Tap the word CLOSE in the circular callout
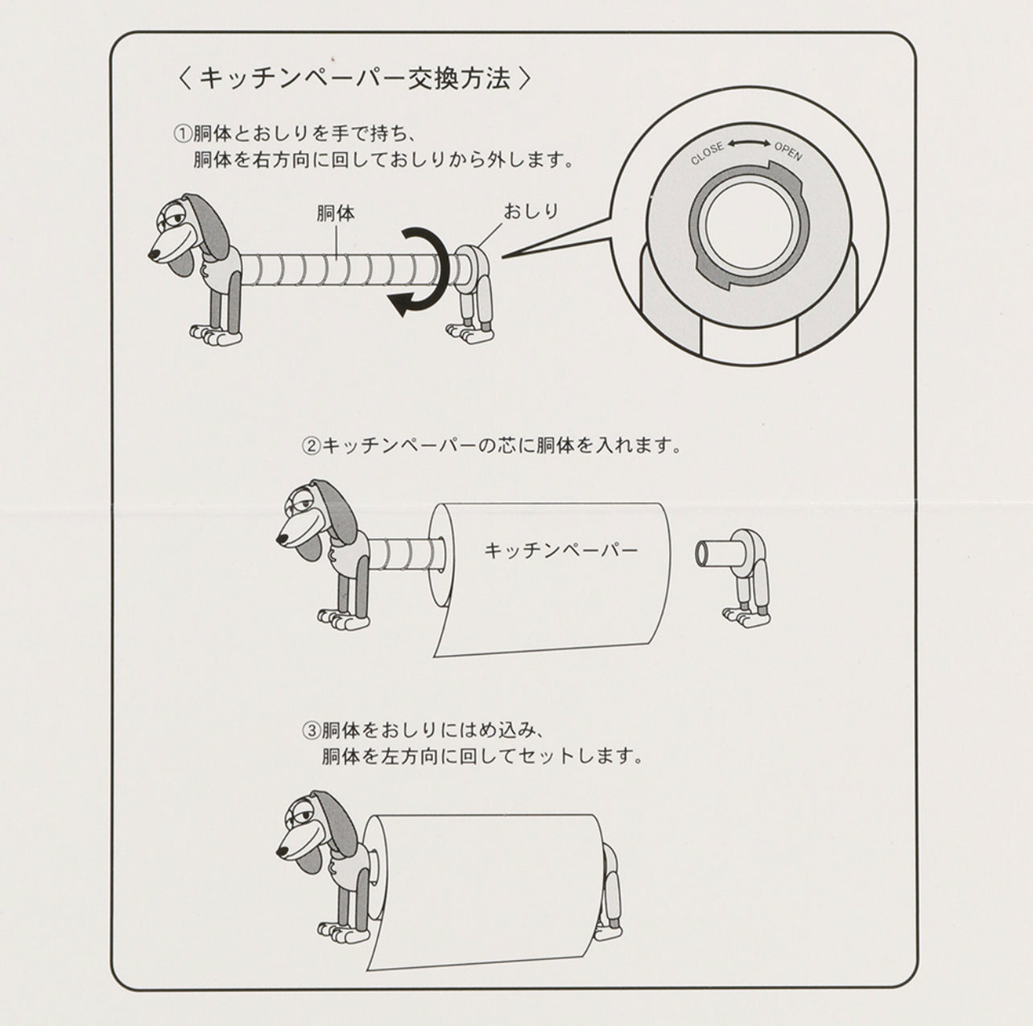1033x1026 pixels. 707,154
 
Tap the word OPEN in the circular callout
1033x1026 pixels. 788,151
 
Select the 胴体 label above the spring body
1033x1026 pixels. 336,213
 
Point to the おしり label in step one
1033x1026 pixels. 531,212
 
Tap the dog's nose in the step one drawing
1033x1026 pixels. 154,255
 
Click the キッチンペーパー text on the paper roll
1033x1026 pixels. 561,551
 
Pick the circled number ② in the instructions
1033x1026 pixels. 311,445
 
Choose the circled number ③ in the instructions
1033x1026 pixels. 311,731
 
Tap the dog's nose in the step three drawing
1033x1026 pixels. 281,850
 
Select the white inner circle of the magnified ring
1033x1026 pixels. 747,230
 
